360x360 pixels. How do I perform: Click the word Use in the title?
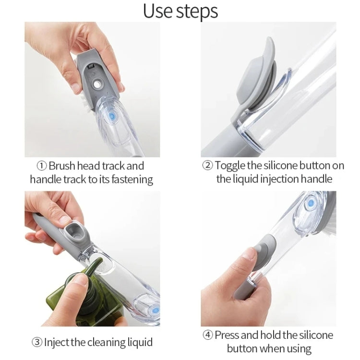(159, 11)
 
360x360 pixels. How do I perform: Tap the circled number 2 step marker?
(207, 166)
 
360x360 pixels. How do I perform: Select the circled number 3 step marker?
(37, 342)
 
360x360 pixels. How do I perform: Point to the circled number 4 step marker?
(207, 335)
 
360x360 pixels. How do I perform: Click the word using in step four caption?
(297, 348)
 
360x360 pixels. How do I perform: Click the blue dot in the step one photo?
(112, 117)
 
